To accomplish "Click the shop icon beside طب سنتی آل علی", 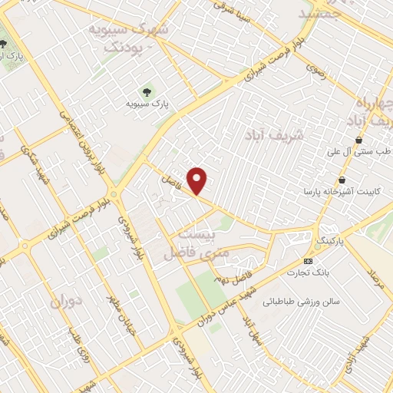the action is point(359,140).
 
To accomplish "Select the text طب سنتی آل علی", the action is point(360,152).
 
